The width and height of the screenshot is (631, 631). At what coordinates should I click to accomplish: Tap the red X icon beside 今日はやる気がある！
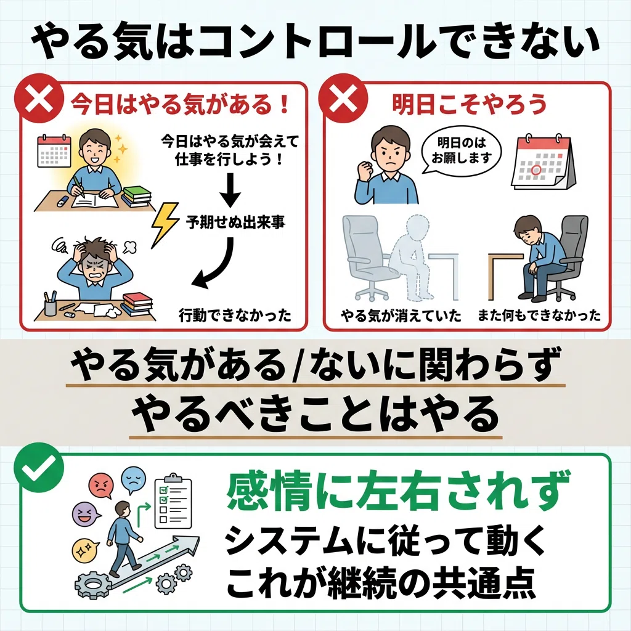tap(39, 99)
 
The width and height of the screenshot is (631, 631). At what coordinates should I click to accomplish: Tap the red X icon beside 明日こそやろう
tap(343, 99)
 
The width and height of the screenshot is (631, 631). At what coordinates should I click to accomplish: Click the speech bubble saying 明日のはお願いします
tap(462, 150)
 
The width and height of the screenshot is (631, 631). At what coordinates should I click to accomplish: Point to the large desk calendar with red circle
tap(543, 162)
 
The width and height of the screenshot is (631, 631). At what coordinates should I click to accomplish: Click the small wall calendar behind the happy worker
tap(54, 151)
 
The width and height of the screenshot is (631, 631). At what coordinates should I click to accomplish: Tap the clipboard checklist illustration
tap(173, 500)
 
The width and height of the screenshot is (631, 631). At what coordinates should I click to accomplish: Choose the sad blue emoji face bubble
tap(133, 479)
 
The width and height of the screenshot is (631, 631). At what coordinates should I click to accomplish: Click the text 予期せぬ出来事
tap(235, 222)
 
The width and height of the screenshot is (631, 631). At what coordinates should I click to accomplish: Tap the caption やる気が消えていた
tap(401, 316)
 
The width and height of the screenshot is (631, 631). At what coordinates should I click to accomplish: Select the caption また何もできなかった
tap(539, 316)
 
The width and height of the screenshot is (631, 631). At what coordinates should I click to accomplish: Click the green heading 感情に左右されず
tap(399, 492)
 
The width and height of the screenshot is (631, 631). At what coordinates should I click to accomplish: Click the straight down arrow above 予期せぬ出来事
tap(230, 189)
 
